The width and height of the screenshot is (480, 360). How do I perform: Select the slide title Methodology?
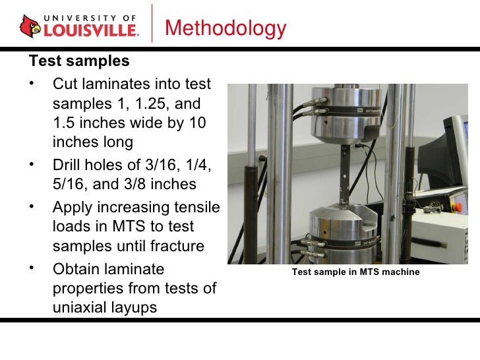pos(225,28)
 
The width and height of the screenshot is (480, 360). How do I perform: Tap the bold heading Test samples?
pos(79,62)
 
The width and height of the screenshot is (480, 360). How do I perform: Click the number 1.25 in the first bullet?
pos(146,104)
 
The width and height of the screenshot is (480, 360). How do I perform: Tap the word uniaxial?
pos(79,307)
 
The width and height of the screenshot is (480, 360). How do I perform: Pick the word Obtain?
pos(76,269)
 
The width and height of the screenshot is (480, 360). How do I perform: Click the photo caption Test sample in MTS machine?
pos(355,272)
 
